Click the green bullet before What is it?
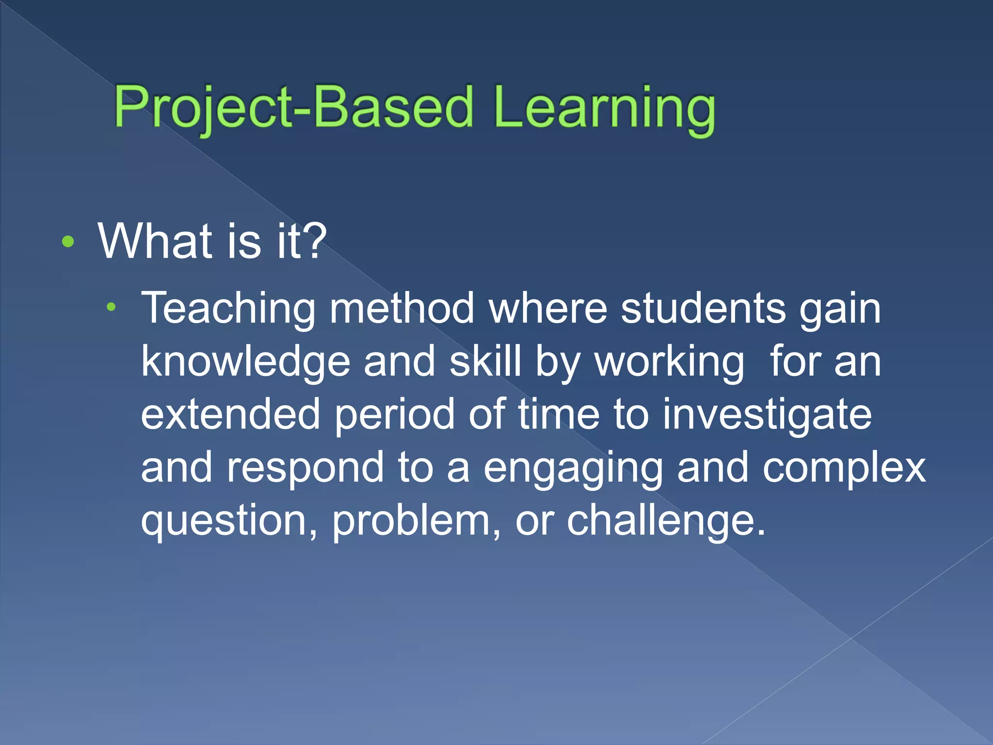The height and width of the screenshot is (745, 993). (68, 242)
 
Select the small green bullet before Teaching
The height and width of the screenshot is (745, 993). (112, 307)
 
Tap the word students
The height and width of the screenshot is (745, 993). (703, 308)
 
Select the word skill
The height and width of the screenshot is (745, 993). (485, 361)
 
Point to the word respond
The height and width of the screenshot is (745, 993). (305, 469)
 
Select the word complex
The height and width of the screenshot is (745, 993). (844, 469)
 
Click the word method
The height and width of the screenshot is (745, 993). (402, 308)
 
